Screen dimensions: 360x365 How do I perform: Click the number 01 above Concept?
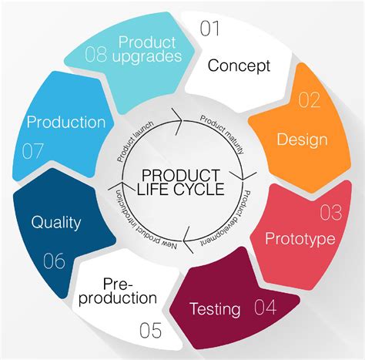[x=210, y=29]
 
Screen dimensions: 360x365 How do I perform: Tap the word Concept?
[x=239, y=65]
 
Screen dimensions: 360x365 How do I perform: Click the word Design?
[x=301, y=140]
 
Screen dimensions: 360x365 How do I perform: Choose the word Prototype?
[x=300, y=239]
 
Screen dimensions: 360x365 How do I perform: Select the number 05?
[x=151, y=332]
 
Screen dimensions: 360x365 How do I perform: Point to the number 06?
[x=53, y=261]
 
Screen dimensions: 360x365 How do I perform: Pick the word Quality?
[x=56, y=224]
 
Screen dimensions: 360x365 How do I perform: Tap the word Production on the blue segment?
[x=66, y=122]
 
